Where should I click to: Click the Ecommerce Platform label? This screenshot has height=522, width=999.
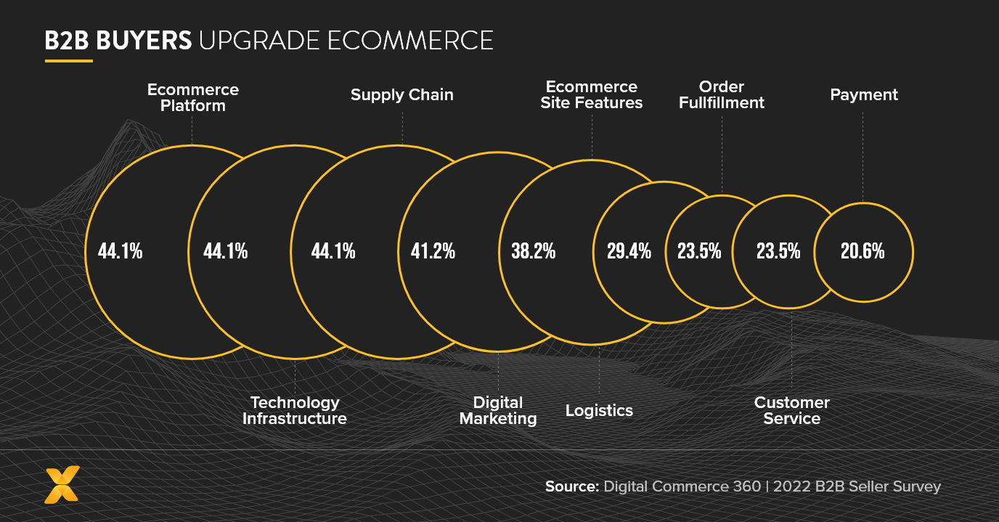click(x=192, y=98)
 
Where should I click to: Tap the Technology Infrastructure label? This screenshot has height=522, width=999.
click(x=295, y=410)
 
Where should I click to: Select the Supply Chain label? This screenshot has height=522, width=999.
click(x=401, y=95)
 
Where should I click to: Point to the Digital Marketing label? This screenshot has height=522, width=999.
click(x=498, y=410)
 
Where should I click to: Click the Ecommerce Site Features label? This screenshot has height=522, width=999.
click(x=591, y=95)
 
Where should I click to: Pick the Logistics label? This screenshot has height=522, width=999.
click(x=599, y=411)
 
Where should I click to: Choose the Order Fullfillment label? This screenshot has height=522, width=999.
click(x=721, y=95)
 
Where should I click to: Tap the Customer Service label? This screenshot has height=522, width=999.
click(x=791, y=410)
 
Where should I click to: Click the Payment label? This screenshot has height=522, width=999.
click(x=863, y=95)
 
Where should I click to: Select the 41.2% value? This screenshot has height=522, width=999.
click(x=433, y=251)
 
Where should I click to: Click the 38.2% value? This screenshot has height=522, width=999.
click(x=533, y=251)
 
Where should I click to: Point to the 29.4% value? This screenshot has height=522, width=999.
click(x=629, y=251)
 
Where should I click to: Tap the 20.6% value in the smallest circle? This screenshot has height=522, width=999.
click(x=863, y=251)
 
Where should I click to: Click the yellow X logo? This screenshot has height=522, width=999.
click(x=62, y=485)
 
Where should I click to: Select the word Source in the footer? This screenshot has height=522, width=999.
click(x=571, y=486)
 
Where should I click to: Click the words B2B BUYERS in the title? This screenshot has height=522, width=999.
click(x=118, y=41)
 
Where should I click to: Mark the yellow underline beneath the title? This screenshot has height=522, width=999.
click(x=68, y=61)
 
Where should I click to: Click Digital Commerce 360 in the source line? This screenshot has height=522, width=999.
click(x=682, y=486)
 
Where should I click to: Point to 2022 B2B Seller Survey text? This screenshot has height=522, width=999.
click(x=857, y=486)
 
